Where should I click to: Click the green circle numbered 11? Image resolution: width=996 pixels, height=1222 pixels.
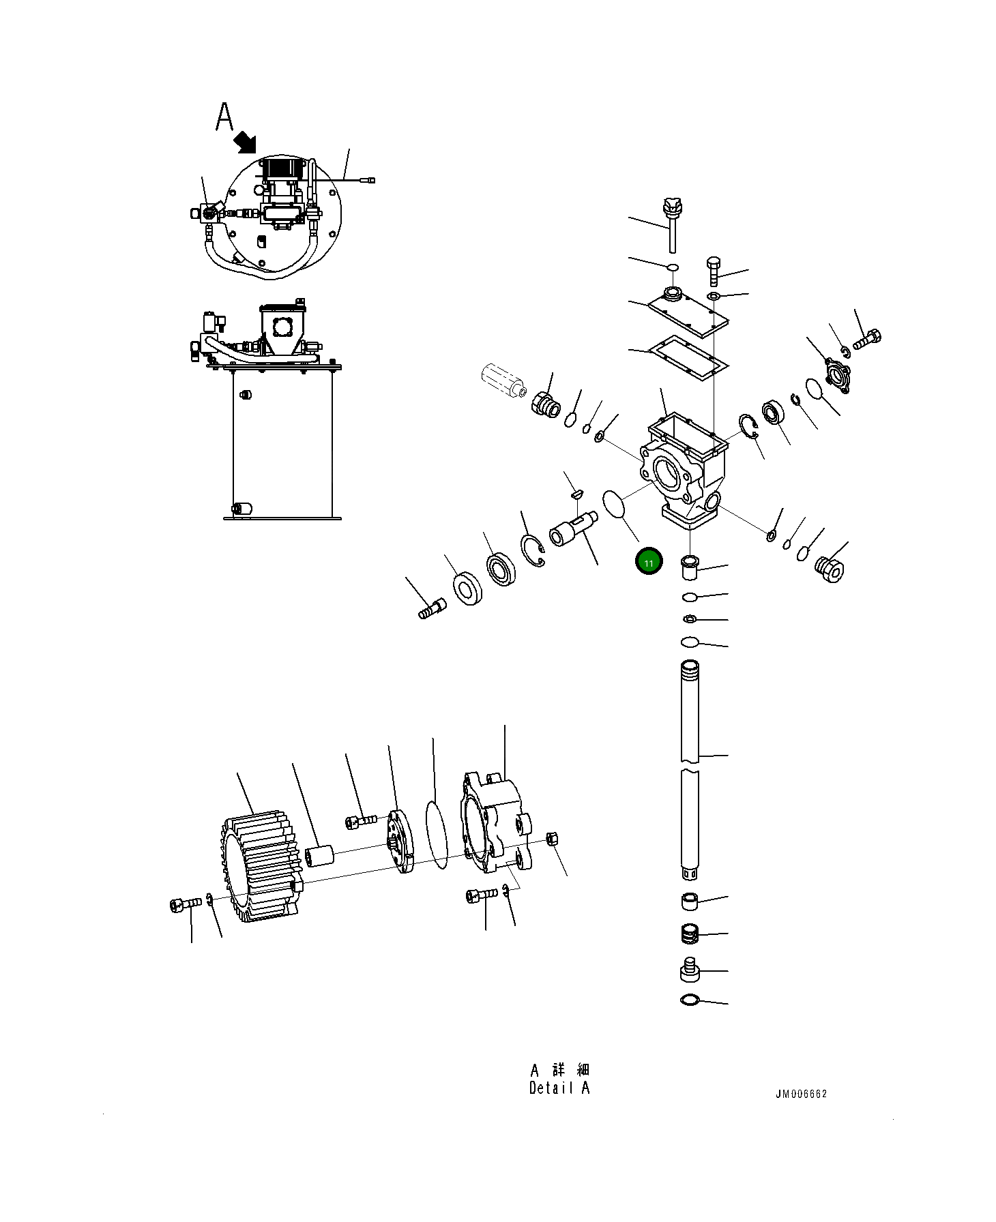(x=648, y=563)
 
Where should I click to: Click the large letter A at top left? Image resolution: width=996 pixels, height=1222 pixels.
(x=224, y=117)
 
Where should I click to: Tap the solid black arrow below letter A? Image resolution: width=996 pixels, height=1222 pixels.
(x=245, y=143)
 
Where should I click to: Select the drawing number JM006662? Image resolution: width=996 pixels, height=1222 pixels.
(x=800, y=1094)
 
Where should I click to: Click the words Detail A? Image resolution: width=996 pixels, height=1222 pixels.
(x=559, y=1088)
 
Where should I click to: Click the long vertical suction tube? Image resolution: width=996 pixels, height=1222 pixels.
(x=690, y=764)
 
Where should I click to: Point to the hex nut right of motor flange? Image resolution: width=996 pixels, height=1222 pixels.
(x=553, y=839)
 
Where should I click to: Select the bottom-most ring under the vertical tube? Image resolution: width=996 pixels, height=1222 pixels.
(x=690, y=1000)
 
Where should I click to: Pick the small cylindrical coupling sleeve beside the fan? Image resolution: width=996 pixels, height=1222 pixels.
(x=319, y=856)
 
